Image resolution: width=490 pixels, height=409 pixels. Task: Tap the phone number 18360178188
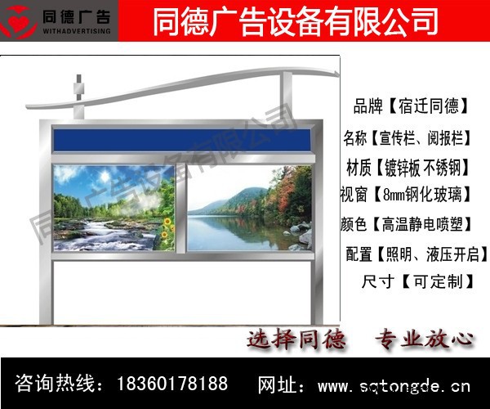tap(172, 383)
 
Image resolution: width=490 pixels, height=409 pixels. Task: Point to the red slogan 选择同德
tap(297, 339)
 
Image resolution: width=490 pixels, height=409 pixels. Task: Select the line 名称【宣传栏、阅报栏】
tap(409, 136)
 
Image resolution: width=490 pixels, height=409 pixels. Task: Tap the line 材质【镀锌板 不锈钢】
tap(409, 167)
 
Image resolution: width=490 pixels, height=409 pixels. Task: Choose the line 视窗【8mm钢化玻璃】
tap(409, 195)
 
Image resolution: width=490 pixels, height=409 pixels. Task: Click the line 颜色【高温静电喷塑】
tap(409, 222)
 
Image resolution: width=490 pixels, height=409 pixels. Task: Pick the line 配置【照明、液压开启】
tap(413, 254)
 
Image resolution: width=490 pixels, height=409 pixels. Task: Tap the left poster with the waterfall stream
tap(114, 207)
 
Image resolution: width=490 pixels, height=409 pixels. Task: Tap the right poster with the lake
tap(249, 207)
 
